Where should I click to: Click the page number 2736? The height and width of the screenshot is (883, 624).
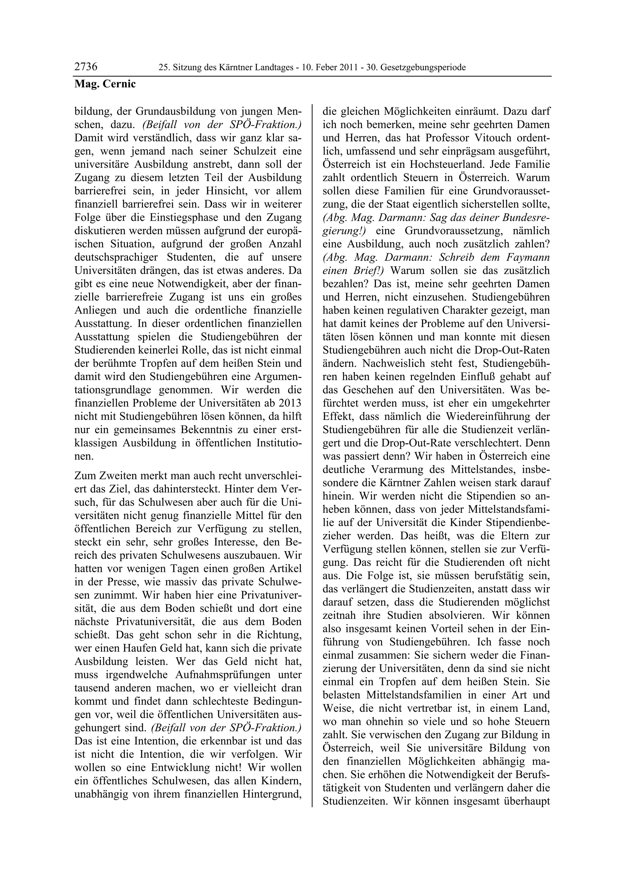86,67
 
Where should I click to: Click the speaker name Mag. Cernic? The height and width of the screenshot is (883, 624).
105,84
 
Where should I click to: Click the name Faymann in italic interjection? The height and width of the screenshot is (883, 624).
528,257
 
